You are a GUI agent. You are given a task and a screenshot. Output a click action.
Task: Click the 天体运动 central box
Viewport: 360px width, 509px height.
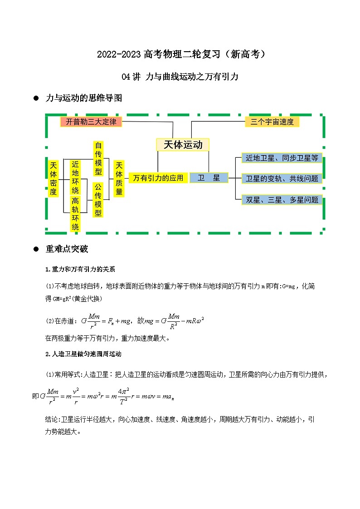(183, 145)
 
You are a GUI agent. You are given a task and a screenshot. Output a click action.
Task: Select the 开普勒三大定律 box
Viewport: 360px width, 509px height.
(91, 121)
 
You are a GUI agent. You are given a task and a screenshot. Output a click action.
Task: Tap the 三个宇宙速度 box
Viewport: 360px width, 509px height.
(272, 121)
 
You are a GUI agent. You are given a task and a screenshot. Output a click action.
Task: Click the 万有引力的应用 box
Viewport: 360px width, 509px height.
(158, 178)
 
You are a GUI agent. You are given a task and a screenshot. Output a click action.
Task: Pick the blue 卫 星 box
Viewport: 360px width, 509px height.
(209, 178)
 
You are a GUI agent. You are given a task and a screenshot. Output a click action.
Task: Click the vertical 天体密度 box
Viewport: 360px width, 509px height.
(54, 177)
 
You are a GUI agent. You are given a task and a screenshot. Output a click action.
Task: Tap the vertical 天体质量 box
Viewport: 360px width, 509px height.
(119, 178)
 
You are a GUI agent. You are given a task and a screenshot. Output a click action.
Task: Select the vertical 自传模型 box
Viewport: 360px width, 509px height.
(98, 158)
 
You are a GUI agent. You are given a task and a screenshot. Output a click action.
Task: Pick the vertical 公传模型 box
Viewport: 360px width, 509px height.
(98, 200)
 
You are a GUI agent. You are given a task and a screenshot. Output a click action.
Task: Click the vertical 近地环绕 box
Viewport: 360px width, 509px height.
(75, 177)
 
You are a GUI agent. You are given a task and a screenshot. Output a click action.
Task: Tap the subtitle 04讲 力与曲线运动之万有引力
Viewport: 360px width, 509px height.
(180, 77)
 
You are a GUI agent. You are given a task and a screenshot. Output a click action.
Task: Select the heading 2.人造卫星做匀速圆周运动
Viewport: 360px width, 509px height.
(83, 354)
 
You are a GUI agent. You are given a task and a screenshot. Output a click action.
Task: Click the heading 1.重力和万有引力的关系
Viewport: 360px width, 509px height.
(80, 269)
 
